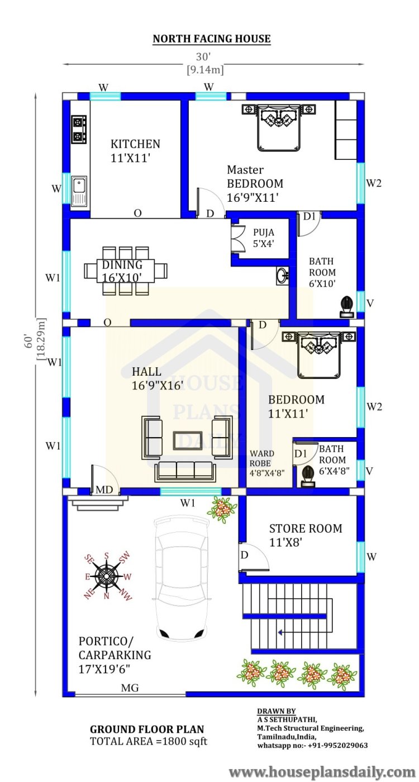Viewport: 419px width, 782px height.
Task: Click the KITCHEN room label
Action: (x=135, y=144)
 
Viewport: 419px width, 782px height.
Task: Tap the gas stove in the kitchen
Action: (x=79, y=129)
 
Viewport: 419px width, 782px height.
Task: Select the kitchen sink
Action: (x=79, y=191)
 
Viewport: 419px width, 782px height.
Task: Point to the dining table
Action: (x=126, y=271)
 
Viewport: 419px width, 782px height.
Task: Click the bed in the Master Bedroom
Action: (x=279, y=127)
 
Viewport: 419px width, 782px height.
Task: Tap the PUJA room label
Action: (x=264, y=233)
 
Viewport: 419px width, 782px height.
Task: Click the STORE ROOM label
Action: (x=306, y=528)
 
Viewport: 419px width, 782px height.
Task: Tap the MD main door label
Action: (x=104, y=490)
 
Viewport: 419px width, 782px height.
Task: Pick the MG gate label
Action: (x=130, y=688)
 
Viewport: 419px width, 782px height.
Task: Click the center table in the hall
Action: (x=188, y=441)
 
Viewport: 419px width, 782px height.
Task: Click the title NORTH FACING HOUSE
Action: (x=212, y=39)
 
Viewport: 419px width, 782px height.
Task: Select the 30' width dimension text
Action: (x=203, y=56)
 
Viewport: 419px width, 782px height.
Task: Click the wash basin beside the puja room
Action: (x=282, y=276)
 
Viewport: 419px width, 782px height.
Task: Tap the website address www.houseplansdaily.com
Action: (x=322, y=772)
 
